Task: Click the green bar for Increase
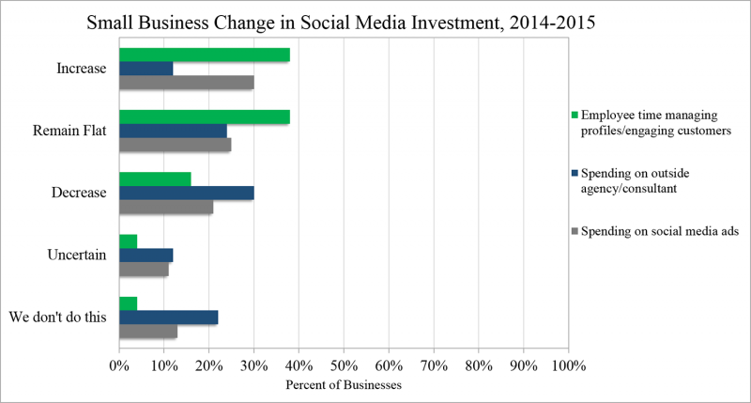(204, 54)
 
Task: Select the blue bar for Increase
(146, 69)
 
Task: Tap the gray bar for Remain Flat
(175, 145)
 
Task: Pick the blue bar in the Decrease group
(186, 193)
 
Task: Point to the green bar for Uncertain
(128, 241)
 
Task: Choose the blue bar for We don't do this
(168, 318)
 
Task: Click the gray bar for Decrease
(165, 207)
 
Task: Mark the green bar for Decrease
(155, 178)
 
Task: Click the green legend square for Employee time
(575, 116)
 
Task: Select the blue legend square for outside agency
(575, 173)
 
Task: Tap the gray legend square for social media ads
(575, 231)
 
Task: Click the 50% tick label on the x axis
(344, 364)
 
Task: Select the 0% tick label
(119, 364)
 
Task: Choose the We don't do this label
(57, 318)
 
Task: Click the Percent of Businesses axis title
(344, 384)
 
